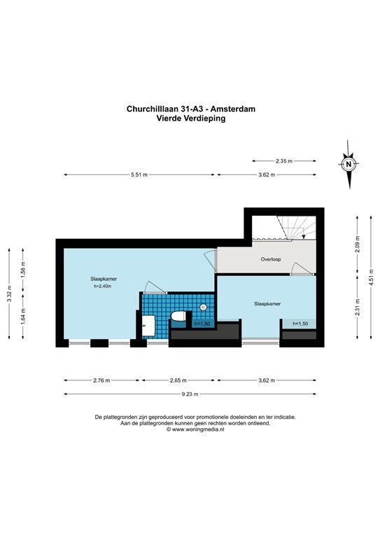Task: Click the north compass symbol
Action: [349, 164]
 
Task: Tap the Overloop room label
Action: [271, 259]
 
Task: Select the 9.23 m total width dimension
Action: [190, 394]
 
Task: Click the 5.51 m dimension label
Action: [139, 174]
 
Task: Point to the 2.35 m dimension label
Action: [284, 160]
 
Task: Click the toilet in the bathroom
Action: [178, 316]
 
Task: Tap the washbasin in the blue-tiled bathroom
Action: [148, 325]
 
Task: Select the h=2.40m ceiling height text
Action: [102, 286]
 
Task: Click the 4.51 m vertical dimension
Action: [371, 277]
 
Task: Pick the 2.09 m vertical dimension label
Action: [358, 244]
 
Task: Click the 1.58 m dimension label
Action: [23, 270]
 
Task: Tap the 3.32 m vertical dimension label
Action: [9, 294]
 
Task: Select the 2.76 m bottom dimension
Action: [101, 380]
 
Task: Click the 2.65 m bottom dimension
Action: [178, 380]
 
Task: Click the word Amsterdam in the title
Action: [232, 109]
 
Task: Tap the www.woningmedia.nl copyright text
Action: [198, 429]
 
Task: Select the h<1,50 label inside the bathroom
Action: [202, 324]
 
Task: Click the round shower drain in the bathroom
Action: [203, 307]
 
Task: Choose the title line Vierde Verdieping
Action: [191, 118]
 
